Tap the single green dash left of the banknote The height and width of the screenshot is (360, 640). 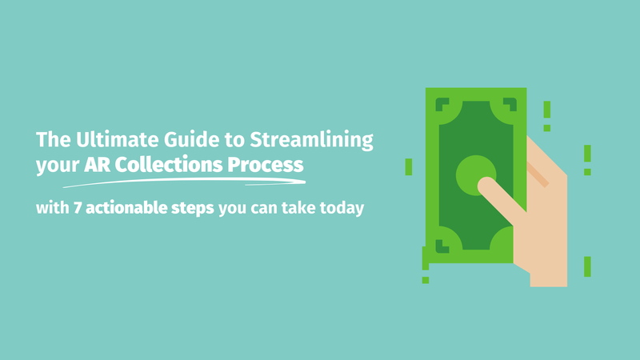click(409, 166)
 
